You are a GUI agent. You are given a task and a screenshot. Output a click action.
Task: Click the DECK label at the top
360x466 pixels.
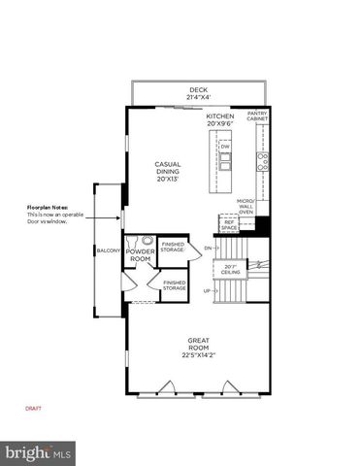[x=197, y=90]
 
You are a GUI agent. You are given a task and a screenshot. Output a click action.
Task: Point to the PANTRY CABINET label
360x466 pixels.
[x=257, y=116]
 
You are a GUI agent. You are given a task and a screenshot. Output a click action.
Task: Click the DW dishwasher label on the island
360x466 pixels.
[x=225, y=147]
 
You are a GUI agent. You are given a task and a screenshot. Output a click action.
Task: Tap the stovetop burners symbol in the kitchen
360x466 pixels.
[x=262, y=157]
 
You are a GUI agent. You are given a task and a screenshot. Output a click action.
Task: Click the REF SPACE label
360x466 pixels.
[x=230, y=224]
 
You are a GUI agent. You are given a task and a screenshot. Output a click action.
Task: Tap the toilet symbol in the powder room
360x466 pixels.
[x=147, y=241]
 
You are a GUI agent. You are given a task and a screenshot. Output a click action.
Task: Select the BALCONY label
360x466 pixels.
[x=108, y=251]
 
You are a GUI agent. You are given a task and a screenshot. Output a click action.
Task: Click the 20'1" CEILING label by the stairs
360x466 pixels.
[x=230, y=269]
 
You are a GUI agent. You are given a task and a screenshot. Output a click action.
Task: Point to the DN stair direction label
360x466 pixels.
[x=207, y=249]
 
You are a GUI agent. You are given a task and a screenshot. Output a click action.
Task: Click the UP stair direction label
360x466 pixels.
[x=207, y=290]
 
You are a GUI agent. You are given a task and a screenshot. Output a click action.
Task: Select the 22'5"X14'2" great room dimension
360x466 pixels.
[x=197, y=353]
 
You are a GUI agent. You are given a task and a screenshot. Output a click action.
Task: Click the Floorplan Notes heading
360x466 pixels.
[x=46, y=207]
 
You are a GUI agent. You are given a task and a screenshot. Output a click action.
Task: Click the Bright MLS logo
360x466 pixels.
[x=38, y=452]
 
